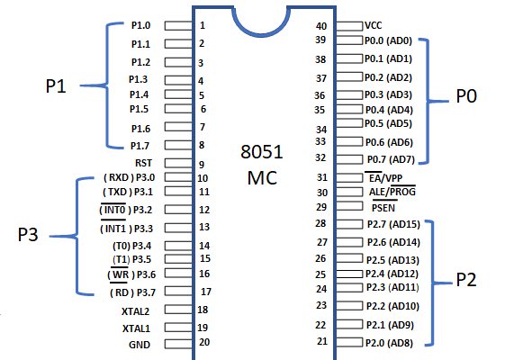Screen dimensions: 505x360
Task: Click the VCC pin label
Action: [374, 25]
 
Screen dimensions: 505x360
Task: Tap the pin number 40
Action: [321, 26]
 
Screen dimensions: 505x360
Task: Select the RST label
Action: [143, 163]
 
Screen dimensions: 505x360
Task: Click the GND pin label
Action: [140, 345]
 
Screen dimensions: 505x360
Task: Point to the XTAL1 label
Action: [136, 328]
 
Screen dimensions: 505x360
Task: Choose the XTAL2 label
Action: [136, 311]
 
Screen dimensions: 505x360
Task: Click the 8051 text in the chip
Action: [262, 152]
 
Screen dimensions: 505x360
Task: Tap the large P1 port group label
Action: [56, 86]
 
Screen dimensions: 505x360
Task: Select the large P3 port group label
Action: [28, 234]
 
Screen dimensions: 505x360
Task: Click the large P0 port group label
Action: [466, 96]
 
